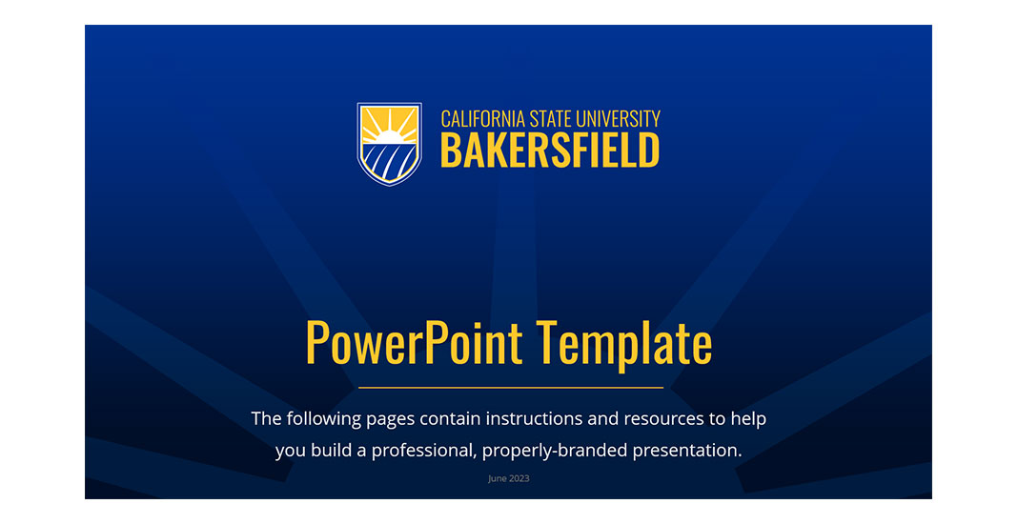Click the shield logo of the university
(389, 143)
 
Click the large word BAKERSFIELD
(550, 151)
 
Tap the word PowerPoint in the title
(414, 344)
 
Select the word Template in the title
(623, 344)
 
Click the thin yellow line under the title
(510, 388)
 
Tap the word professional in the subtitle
(422, 450)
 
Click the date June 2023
(508, 478)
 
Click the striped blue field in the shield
(391, 161)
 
